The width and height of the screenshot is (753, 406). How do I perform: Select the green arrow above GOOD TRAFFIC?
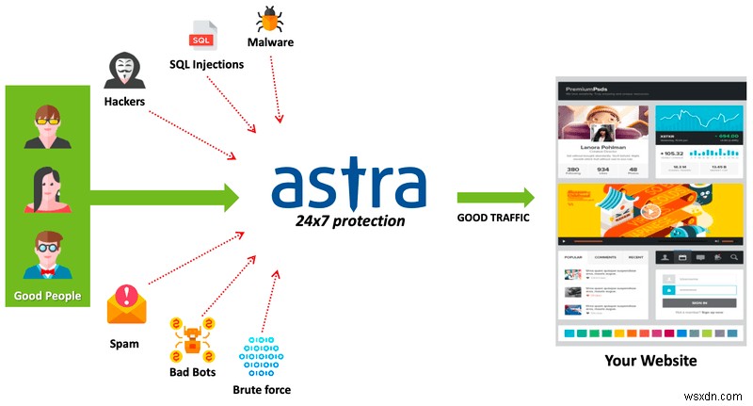pyautogui.click(x=496, y=197)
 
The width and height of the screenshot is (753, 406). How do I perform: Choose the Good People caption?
pyautogui.click(x=47, y=296)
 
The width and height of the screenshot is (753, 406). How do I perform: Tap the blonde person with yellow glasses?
pyautogui.click(x=47, y=127)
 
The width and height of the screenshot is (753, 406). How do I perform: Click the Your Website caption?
pyautogui.click(x=650, y=360)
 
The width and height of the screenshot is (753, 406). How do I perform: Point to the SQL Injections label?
pyautogui.click(x=206, y=64)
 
